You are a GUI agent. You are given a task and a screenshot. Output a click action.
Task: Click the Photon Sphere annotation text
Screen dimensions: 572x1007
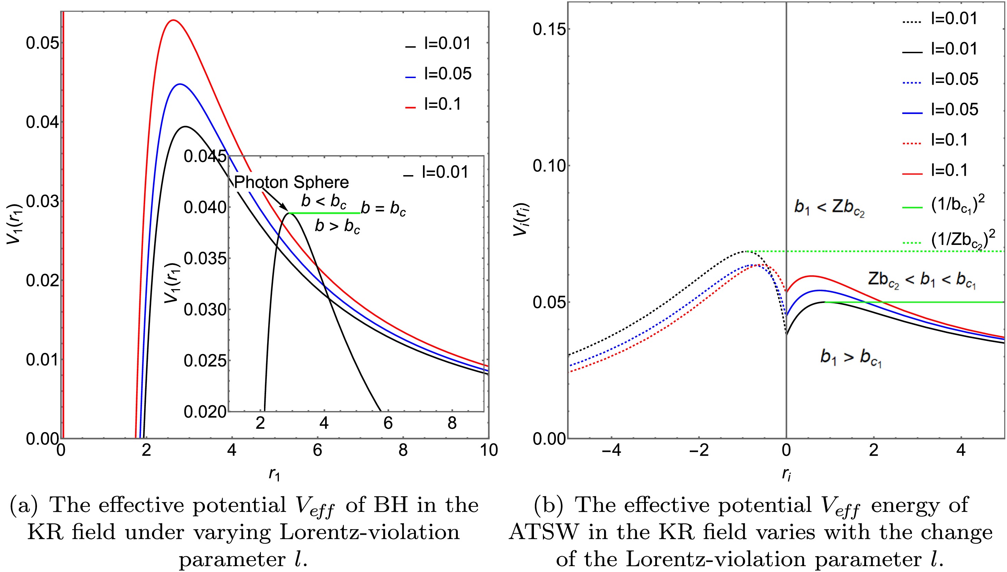(x=291, y=182)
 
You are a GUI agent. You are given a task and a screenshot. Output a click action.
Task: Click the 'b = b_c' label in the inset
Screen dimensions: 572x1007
(x=383, y=208)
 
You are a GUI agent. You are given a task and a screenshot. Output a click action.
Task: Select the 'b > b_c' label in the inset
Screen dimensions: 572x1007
(x=337, y=226)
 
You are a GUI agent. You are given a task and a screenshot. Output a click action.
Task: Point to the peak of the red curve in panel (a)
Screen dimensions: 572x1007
(x=173, y=20)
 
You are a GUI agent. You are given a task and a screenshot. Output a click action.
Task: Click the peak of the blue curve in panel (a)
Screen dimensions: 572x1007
(x=180, y=84)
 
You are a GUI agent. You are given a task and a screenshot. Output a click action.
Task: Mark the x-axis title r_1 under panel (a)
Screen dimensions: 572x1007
(x=274, y=474)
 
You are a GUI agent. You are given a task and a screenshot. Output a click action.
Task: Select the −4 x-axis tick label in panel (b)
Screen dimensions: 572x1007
(x=611, y=450)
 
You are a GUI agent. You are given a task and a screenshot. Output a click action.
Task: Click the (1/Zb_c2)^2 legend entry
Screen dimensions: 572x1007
(x=962, y=239)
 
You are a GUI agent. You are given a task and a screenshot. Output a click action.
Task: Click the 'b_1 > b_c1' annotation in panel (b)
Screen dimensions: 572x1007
(x=850, y=357)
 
